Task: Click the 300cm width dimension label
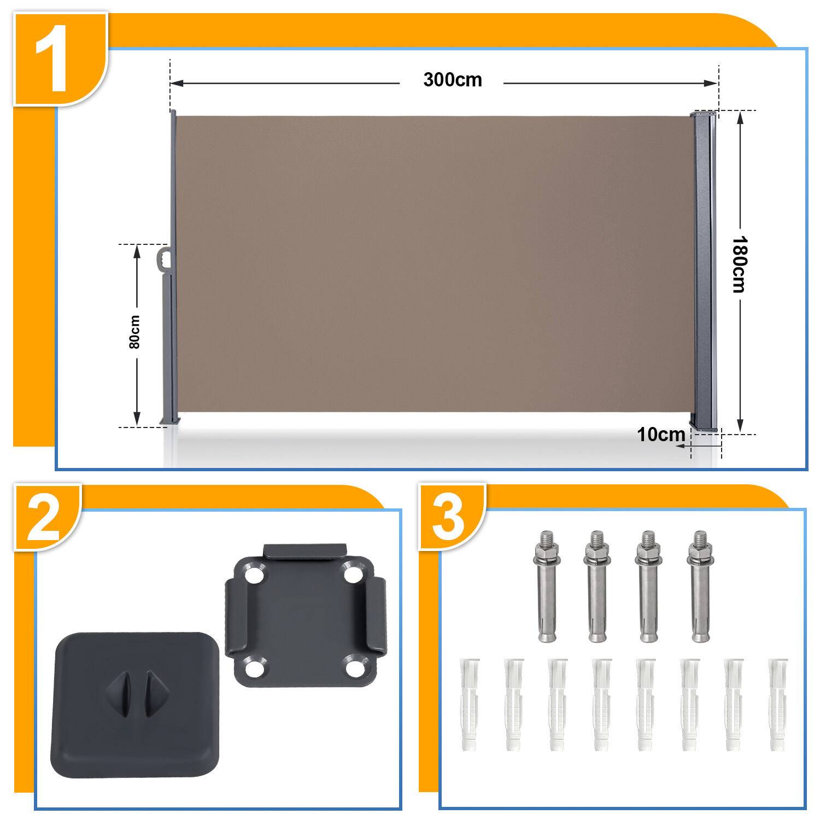click(x=453, y=80)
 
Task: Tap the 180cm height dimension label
click(x=739, y=264)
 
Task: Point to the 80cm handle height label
click(x=135, y=332)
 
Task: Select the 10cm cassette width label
click(x=661, y=435)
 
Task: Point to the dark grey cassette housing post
click(x=705, y=272)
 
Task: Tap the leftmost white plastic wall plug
click(x=470, y=704)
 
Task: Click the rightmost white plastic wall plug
click(x=777, y=704)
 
